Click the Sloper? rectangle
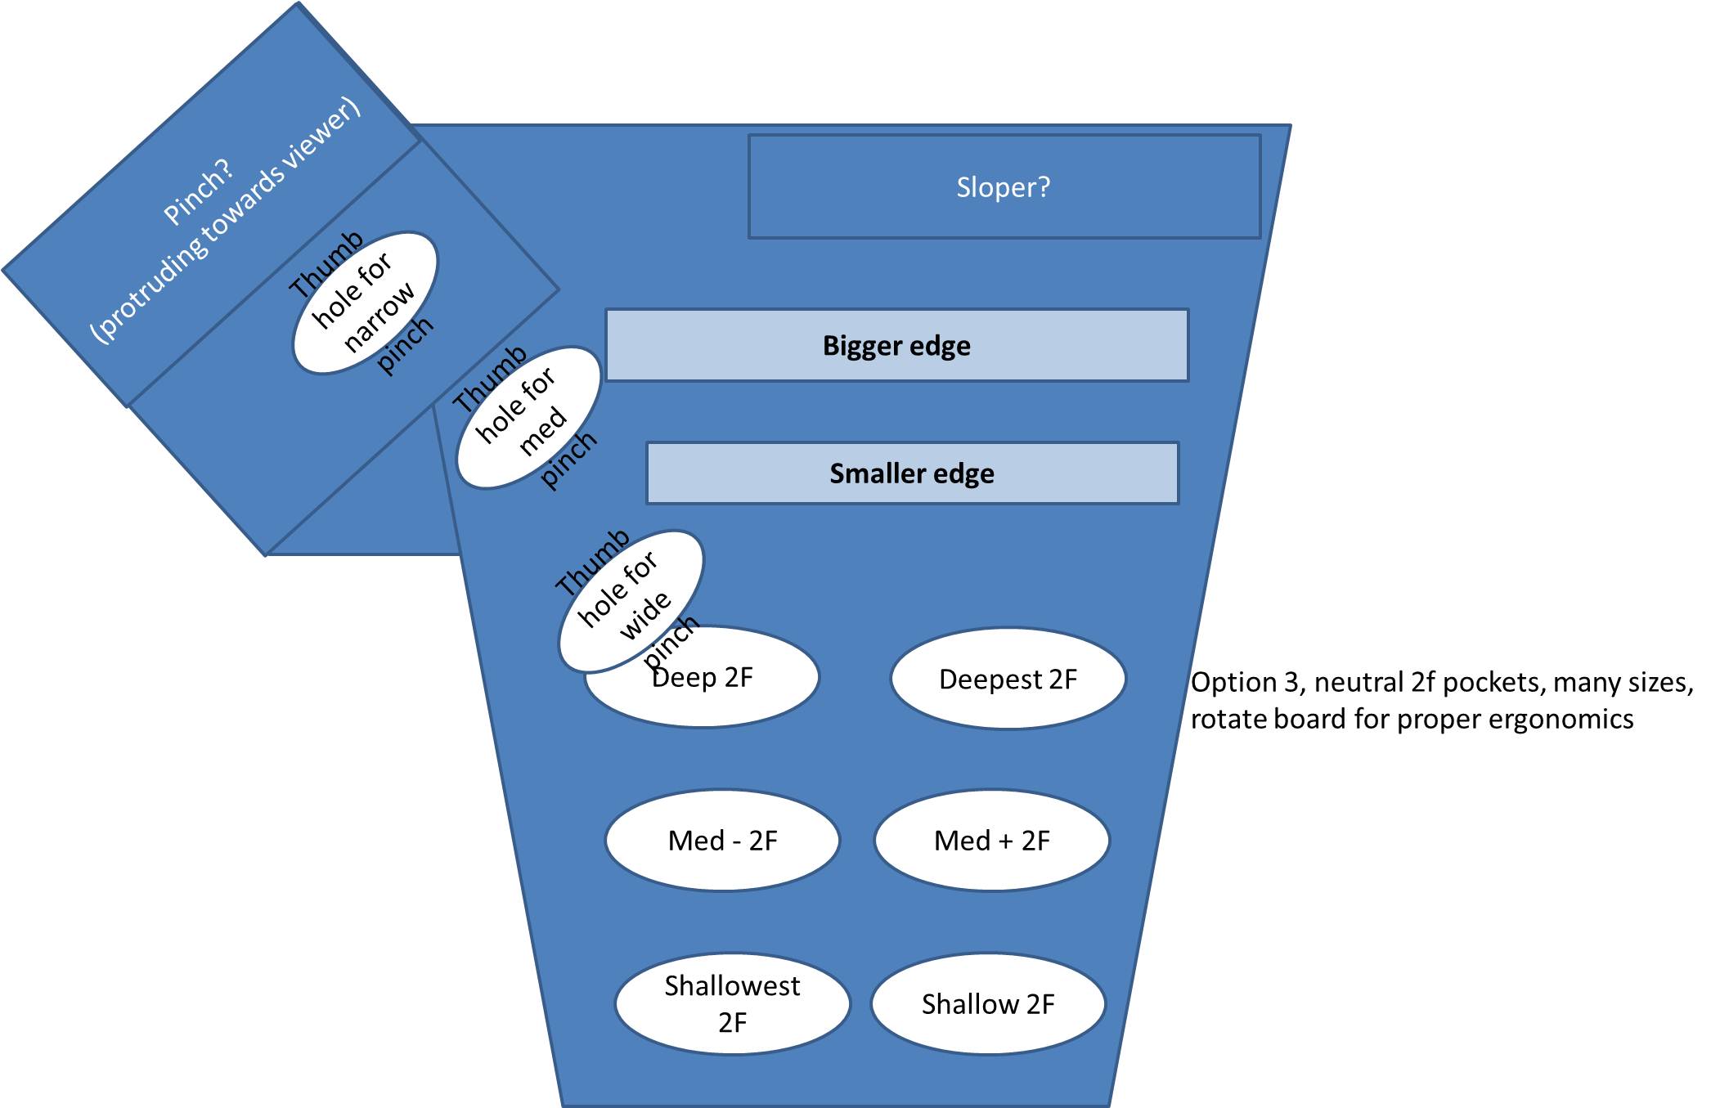point(1004,187)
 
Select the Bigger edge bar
point(896,345)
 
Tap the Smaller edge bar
point(912,473)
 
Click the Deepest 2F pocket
point(1008,679)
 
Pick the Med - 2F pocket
point(722,840)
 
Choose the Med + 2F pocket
point(991,840)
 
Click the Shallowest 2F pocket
point(732,1004)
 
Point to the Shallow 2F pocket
point(988,1004)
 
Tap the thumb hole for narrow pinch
point(365,303)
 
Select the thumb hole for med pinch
point(528,418)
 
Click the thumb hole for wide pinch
point(631,601)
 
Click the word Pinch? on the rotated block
point(199,192)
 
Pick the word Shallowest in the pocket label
point(732,986)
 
